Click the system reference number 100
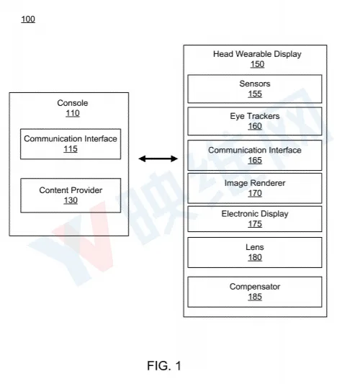(x=28, y=19)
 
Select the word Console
(x=73, y=103)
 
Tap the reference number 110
(x=73, y=113)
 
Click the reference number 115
(x=71, y=149)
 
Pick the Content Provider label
(x=71, y=190)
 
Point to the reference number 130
(x=71, y=200)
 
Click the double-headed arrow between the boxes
(x=158, y=158)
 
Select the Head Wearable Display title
(x=257, y=54)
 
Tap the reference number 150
(x=257, y=64)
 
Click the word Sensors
(x=255, y=84)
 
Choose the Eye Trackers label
(x=255, y=116)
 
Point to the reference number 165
(x=255, y=160)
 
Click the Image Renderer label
(x=255, y=183)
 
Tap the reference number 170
(x=255, y=193)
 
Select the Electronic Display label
(x=255, y=214)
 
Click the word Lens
(x=255, y=247)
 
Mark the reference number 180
(x=255, y=257)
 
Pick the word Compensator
(x=255, y=287)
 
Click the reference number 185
(x=255, y=297)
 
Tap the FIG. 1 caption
(x=164, y=366)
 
